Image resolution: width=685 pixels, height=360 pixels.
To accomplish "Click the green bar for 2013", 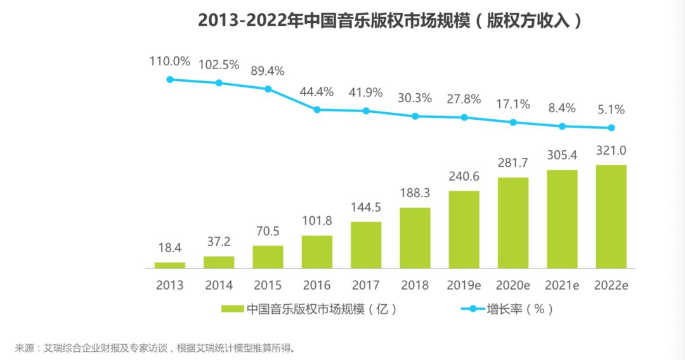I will [170, 265].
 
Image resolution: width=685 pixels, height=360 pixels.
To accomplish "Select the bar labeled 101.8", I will [317, 252].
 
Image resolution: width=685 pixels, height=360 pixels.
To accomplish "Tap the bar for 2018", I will [415, 238].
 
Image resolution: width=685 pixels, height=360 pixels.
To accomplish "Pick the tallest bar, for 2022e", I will [611, 216].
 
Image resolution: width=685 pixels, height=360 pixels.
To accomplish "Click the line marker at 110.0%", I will [170, 79].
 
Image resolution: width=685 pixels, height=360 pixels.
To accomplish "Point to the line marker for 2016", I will [317, 110].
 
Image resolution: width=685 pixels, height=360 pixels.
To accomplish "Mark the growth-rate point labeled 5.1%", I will [611, 127].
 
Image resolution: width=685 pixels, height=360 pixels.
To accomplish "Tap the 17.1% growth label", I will [512, 104].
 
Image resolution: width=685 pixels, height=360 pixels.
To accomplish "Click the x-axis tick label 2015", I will [268, 285].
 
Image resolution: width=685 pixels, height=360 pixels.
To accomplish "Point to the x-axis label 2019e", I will [464, 285].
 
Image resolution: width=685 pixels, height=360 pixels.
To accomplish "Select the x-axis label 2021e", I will [562, 285].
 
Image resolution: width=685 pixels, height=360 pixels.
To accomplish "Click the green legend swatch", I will [232, 309].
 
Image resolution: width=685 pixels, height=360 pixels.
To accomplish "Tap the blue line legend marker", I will [472, 309].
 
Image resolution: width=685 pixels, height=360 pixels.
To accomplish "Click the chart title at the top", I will [389, 20].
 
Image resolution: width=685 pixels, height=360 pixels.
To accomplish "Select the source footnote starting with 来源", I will [155, 348].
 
